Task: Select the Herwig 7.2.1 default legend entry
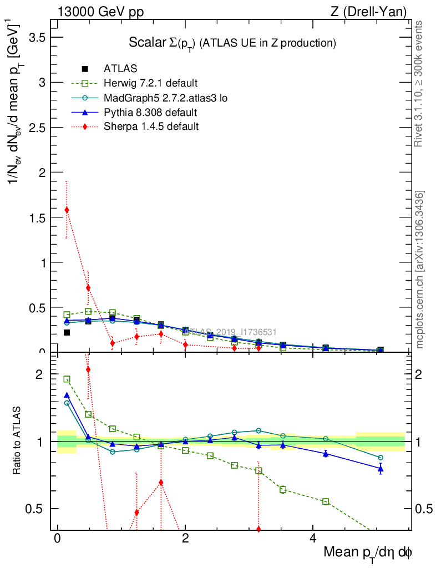click(x=150, y=84)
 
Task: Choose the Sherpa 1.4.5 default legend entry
click(x=151, y=126)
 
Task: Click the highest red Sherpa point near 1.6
click(x=67, y=210)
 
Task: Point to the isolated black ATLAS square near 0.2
click(x=67, y=333)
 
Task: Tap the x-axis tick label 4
click(x=313, y=540)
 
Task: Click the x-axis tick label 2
click(x=185, y=540)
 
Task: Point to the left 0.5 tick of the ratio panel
click(x=36, y=509)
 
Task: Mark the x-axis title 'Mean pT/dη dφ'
click(x=368, y=553)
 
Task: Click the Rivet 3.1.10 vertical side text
click(x=419, y=83)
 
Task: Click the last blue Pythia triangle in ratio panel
click(x=381, y=469)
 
